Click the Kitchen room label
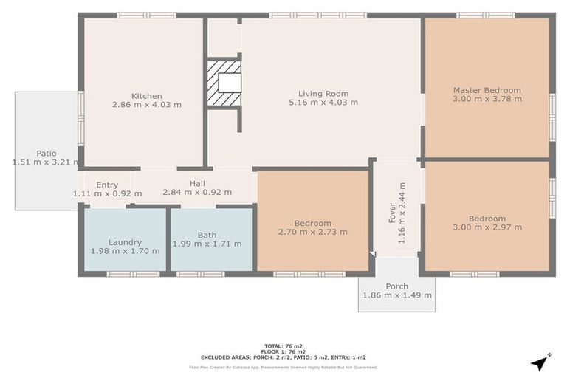146,96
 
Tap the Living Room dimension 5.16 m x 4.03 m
323,103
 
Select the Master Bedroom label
487,90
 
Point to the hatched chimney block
224,83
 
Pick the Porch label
397,286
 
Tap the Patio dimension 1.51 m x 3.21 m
46,162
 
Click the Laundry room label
125,242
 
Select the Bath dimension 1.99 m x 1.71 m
207,244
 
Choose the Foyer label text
392,213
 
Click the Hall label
197,183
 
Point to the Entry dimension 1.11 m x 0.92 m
107,193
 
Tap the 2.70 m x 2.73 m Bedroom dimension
313,232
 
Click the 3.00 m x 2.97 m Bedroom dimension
487,227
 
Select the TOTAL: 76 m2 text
283,346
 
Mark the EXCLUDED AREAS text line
283,357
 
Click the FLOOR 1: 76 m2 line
283,351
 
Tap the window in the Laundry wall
133,274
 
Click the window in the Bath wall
200,274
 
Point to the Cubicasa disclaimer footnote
283,368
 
